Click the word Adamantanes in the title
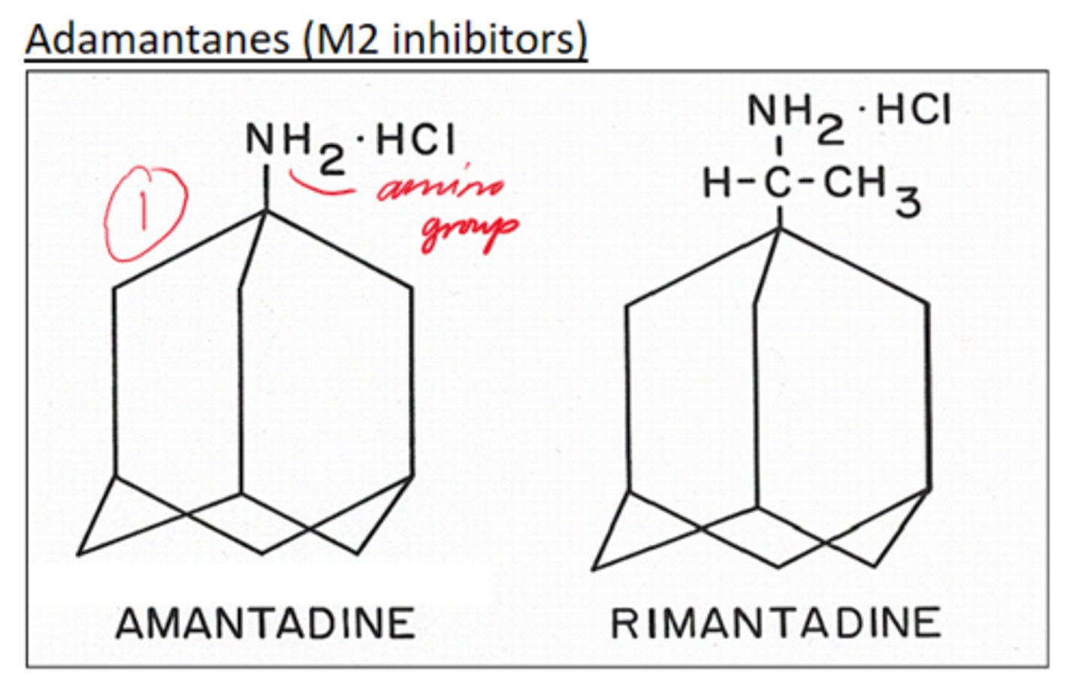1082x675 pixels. [157, 39]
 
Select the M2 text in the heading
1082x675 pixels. [346, 39]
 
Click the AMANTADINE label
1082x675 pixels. [265, 623]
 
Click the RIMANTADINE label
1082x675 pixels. [775, 623]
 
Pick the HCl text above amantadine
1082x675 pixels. [415, 140]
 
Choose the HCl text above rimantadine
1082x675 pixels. [914, 110]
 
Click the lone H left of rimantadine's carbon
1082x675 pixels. [716, 183]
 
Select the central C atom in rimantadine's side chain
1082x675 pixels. [779, 183]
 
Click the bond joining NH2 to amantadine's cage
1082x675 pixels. [267, 188]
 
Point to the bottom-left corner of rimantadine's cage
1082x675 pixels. [594, 568]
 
